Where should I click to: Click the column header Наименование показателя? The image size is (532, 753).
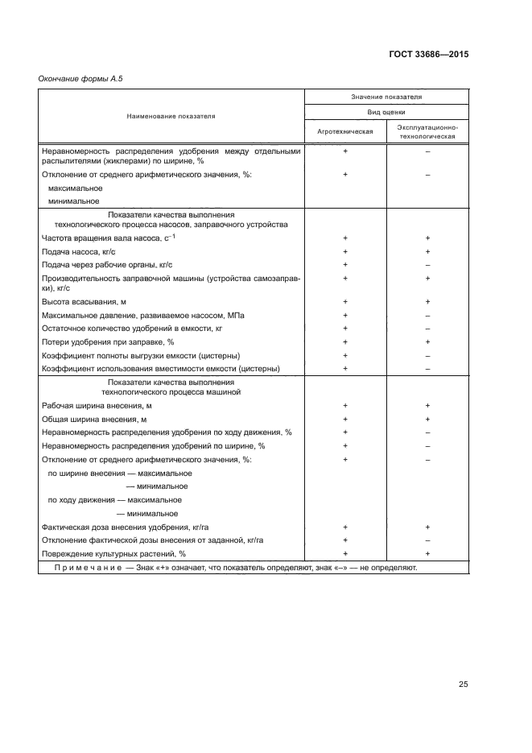171,116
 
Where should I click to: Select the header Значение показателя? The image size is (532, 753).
386,97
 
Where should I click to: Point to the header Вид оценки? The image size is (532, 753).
386,113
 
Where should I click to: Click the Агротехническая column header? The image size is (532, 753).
345,131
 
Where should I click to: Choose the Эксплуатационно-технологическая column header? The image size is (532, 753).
427,131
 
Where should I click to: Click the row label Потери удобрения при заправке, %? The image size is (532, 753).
107,341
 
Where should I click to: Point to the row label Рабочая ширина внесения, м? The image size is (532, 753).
96,406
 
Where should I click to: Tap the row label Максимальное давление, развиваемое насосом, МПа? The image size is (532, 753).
142,315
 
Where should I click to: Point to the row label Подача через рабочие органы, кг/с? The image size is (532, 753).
105,264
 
